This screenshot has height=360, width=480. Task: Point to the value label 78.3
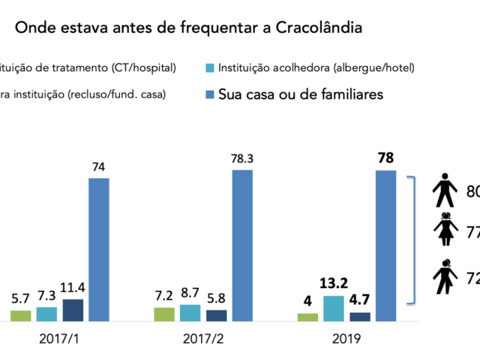point(242,157)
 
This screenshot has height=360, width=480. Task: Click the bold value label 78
point(385,157)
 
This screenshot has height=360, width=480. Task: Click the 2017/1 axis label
point(59,339)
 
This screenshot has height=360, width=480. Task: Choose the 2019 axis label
point(347,339)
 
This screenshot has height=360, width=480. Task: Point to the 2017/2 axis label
point(202,339)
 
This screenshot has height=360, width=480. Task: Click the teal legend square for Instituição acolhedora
point(209,68)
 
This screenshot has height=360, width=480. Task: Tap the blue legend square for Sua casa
point(209,94)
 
